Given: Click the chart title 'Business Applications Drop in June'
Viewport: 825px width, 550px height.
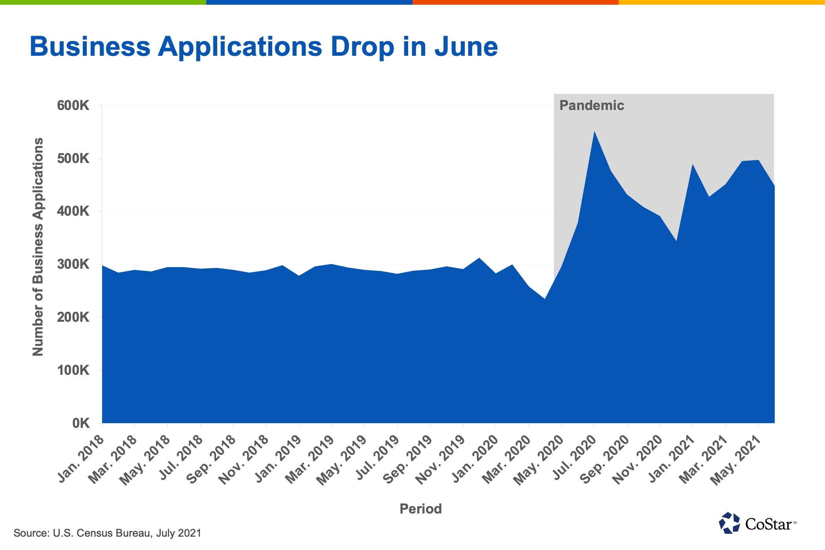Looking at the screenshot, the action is pyautogui.click(x=264, y=47).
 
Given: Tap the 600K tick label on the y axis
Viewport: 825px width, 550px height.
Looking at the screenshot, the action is pyautogui.click(x=73, y=105).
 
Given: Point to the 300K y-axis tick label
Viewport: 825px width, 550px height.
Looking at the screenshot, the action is pyautogui.click(x=73, y=264).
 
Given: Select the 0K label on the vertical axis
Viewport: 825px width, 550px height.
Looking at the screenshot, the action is pyautogui.click(x=81, y=423).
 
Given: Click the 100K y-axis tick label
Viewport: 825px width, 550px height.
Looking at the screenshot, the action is pyautogui.click(x=73, y=370).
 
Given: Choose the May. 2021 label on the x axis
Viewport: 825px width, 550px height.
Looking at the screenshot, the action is pyautogui.click(x=735, y=460).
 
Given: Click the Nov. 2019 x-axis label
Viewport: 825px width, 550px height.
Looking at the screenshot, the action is pyautogui.click(x=440, y=460).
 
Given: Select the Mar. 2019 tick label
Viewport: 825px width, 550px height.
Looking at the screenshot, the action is pyautogui.click(x=309, y=460).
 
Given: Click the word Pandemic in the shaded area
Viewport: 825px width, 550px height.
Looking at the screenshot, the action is pyautogui.click(x=592, y=105).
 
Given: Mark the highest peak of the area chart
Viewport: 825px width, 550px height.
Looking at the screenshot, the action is pyautogui.click(x=594, y=131).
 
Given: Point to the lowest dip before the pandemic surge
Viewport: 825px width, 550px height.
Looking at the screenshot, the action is pyautogui.click(x=544, y=299).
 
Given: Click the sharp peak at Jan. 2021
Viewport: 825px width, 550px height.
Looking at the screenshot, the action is pyautogui.click(x=693, y=164).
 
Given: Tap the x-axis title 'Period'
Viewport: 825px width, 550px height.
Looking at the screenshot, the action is pyautogui.click(x=421, y=509).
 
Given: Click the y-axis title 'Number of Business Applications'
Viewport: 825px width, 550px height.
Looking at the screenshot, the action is pyautogui.click(x=38, y=247).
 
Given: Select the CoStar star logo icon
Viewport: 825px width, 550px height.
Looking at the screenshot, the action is pyautogui.click(x=729, y=523).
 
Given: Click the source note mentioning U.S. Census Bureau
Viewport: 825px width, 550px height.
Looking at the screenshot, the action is pyautogui.click(x=107, y=533).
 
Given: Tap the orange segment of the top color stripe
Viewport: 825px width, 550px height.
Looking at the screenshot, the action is pyautogui.click(x=515, y=2).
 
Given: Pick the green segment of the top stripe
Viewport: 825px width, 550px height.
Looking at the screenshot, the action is pyautogui.click(x=103, y=2).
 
